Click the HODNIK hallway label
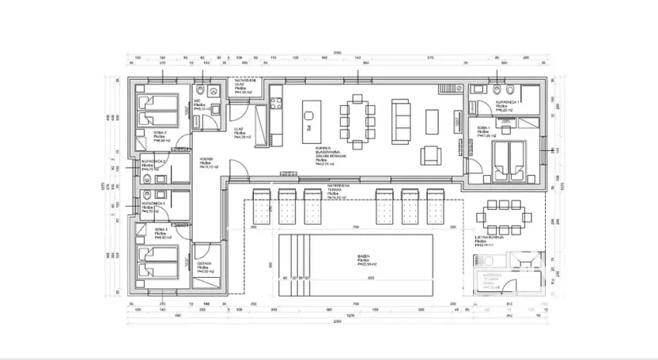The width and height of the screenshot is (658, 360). tap(208, 162)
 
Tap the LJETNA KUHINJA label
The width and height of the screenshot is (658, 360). tap(486, 239)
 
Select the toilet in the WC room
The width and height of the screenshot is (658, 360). tap(202, 89)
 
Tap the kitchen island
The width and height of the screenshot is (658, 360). tap(308, 119)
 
